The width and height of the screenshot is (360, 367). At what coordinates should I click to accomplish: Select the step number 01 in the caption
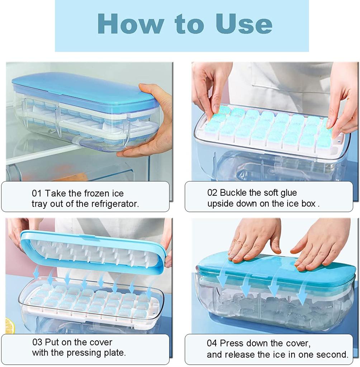37,194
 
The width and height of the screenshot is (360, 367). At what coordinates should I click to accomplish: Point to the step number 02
212,192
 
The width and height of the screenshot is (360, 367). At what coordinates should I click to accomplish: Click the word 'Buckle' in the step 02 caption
233,192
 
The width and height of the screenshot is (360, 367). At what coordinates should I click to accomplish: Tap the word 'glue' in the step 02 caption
288,192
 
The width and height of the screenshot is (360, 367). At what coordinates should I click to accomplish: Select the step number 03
37,342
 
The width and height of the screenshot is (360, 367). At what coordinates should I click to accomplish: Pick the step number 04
212,343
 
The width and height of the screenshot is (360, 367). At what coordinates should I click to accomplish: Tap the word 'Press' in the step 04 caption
232,343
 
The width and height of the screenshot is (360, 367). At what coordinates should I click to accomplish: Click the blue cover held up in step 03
93,251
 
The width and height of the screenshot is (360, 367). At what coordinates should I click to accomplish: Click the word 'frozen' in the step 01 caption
97,194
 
